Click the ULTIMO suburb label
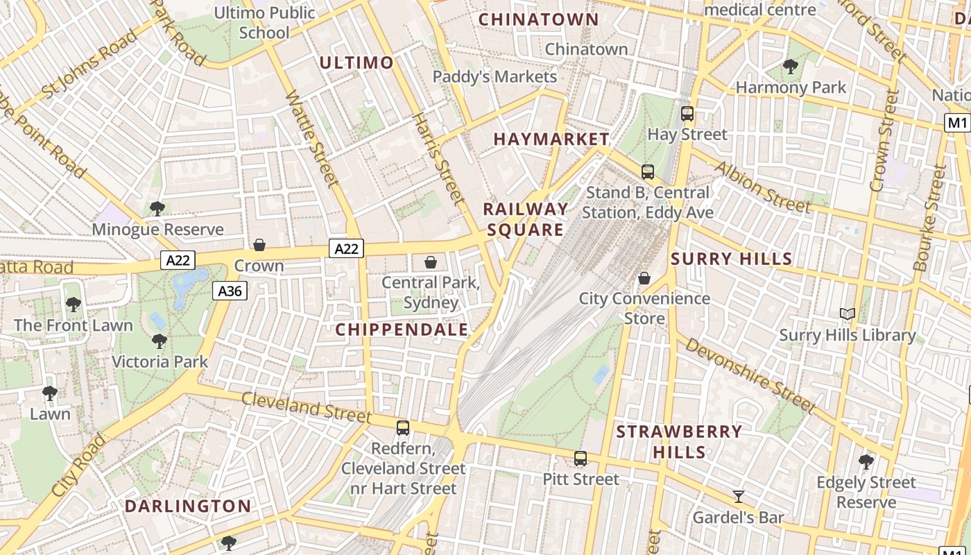[356, 62]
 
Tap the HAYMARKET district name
[551, 139]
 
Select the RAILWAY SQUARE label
[525, 219]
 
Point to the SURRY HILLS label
[731, 259]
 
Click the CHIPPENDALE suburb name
[402, 330]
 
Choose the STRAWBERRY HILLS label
[679, 442]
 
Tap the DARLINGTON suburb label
[187, 506]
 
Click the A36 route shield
[230, 291]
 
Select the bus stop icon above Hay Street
[687, 114]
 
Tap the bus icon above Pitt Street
[580, 459]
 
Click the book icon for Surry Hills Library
[847, 314]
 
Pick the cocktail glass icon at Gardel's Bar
[739, 497]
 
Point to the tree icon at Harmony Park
[790, 67]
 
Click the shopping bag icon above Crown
[259, 244]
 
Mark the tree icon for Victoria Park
[160, 341]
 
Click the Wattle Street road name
[313, 139]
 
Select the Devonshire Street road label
[750, 375]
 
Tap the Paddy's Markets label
[495, 76]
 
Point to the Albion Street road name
[762, 187]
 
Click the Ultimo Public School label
[264, 22]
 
